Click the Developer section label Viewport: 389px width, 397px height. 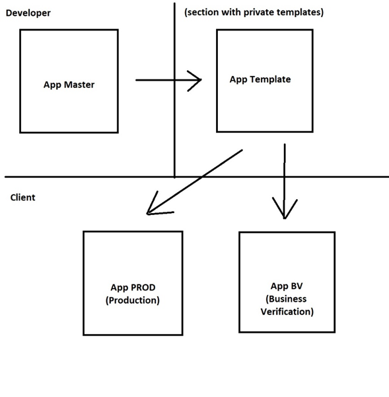28,13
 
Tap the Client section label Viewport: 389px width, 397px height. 22,197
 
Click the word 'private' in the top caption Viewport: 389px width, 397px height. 259,13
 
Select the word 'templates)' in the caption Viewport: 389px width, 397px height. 300,13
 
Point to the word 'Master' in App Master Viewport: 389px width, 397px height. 79,85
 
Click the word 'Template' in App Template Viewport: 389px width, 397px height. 271,79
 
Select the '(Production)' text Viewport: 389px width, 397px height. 133,300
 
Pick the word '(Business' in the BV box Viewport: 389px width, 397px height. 286,299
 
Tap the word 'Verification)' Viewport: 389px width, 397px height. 287,312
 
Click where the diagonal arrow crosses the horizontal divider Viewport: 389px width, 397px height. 202,177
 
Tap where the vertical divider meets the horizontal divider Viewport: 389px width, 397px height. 174,177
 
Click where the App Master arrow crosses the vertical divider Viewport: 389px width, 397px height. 174,80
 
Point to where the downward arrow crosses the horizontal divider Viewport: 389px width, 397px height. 285,177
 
